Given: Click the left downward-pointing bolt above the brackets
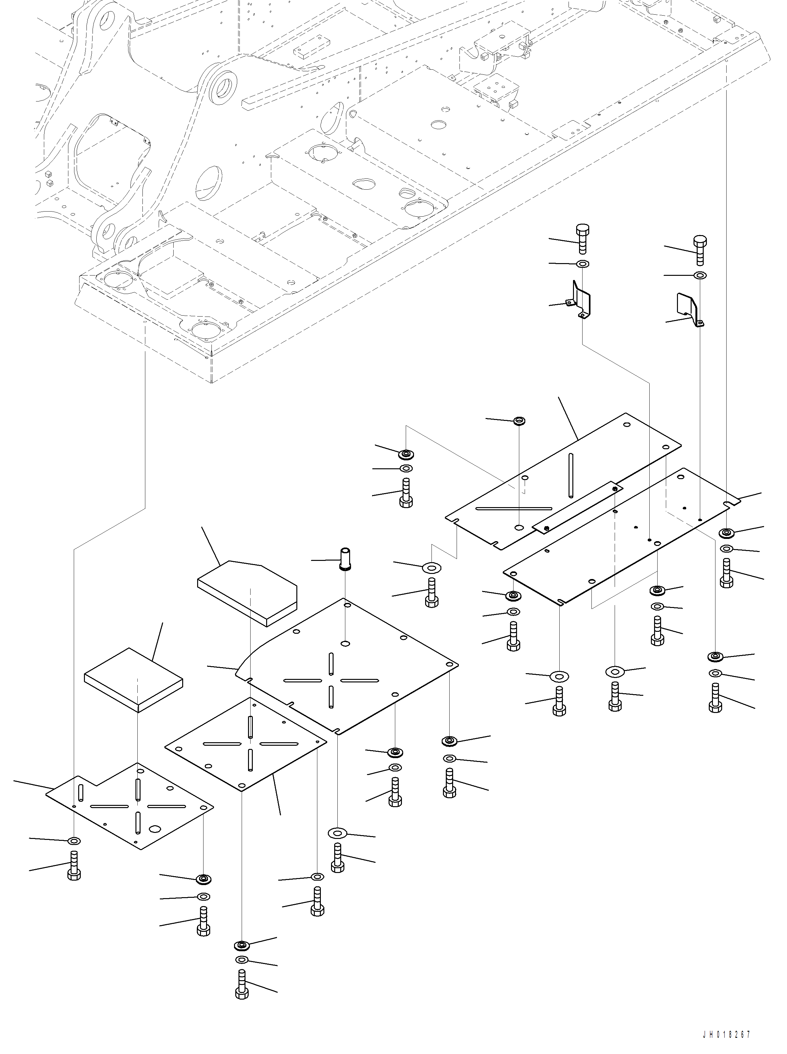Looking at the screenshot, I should [582, 239].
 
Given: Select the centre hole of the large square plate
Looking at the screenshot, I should [344, 643].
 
